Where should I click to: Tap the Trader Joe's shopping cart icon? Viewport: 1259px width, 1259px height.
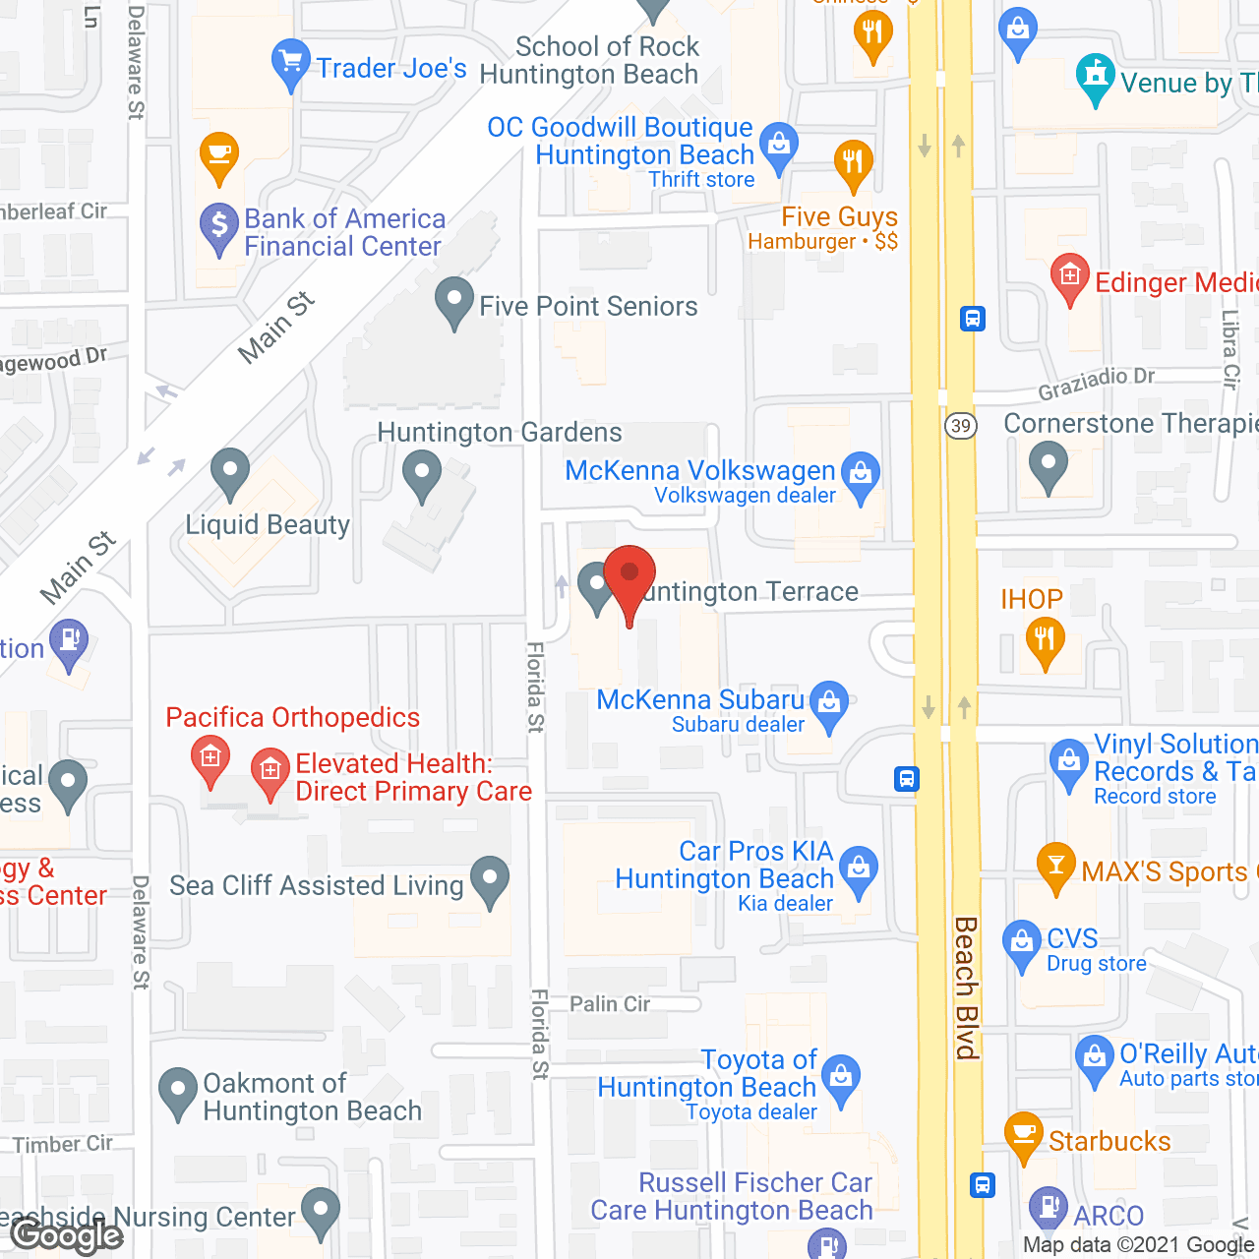click(x=290, y=63)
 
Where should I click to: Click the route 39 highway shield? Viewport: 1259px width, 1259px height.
click(x=961, y=426)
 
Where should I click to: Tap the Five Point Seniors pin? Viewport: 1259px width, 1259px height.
click(x=453, y=301)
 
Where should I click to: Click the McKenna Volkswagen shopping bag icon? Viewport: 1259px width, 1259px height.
click(x=861, y=475)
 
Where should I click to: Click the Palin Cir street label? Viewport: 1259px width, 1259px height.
click(x=610, y=1003)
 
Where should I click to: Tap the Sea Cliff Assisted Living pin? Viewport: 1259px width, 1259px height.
click(x=490, y=879)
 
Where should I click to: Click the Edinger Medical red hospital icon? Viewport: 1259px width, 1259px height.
click(x=1070, y=276)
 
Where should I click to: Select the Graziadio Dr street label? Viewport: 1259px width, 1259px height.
click(x=1096, y=383)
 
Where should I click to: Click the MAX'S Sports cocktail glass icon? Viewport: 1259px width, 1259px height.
click(x=1055, y=867)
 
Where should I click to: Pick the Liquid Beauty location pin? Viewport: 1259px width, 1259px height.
click(x=230, y=472)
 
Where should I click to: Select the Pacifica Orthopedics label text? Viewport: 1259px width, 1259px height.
click(x=292, y=717)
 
